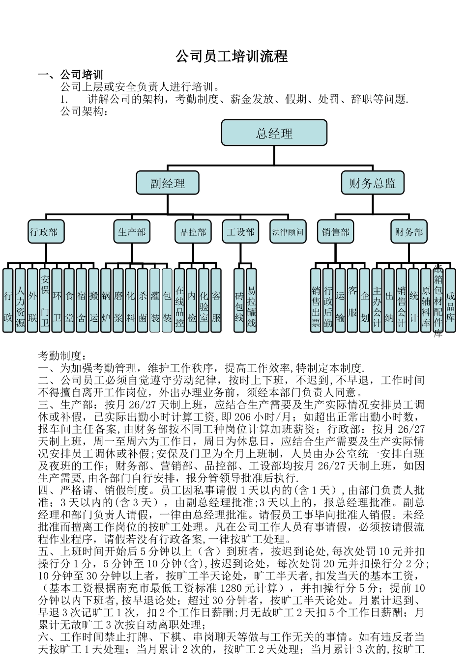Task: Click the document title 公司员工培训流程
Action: (x=232, y=56)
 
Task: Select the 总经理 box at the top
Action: (x=274, y=133)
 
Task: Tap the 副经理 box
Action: (x=167, y=183)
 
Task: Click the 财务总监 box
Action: (x=373, y=183)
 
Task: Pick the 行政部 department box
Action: (x=46, y=232)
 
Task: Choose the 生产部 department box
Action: (x=132, y=232)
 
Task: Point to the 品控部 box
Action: (x=193, y=232)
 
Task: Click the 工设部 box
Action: (x=240, y=232)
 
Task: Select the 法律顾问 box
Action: (x=288, y=232)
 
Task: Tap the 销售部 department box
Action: (x=336, y=232)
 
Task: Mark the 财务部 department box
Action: (x=409, y=232)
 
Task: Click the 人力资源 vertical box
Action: (x=20, y=300)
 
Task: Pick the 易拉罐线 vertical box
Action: (x=251, y=300)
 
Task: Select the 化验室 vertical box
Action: (x=204, y=300)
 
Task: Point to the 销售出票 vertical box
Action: (x=316, y=300)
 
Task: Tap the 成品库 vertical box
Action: (x=450, y=300)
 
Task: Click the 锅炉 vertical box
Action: (x=106, y=300)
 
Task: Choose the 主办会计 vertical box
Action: (x=377, y=300)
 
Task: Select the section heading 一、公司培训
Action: (x=71, y=75)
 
